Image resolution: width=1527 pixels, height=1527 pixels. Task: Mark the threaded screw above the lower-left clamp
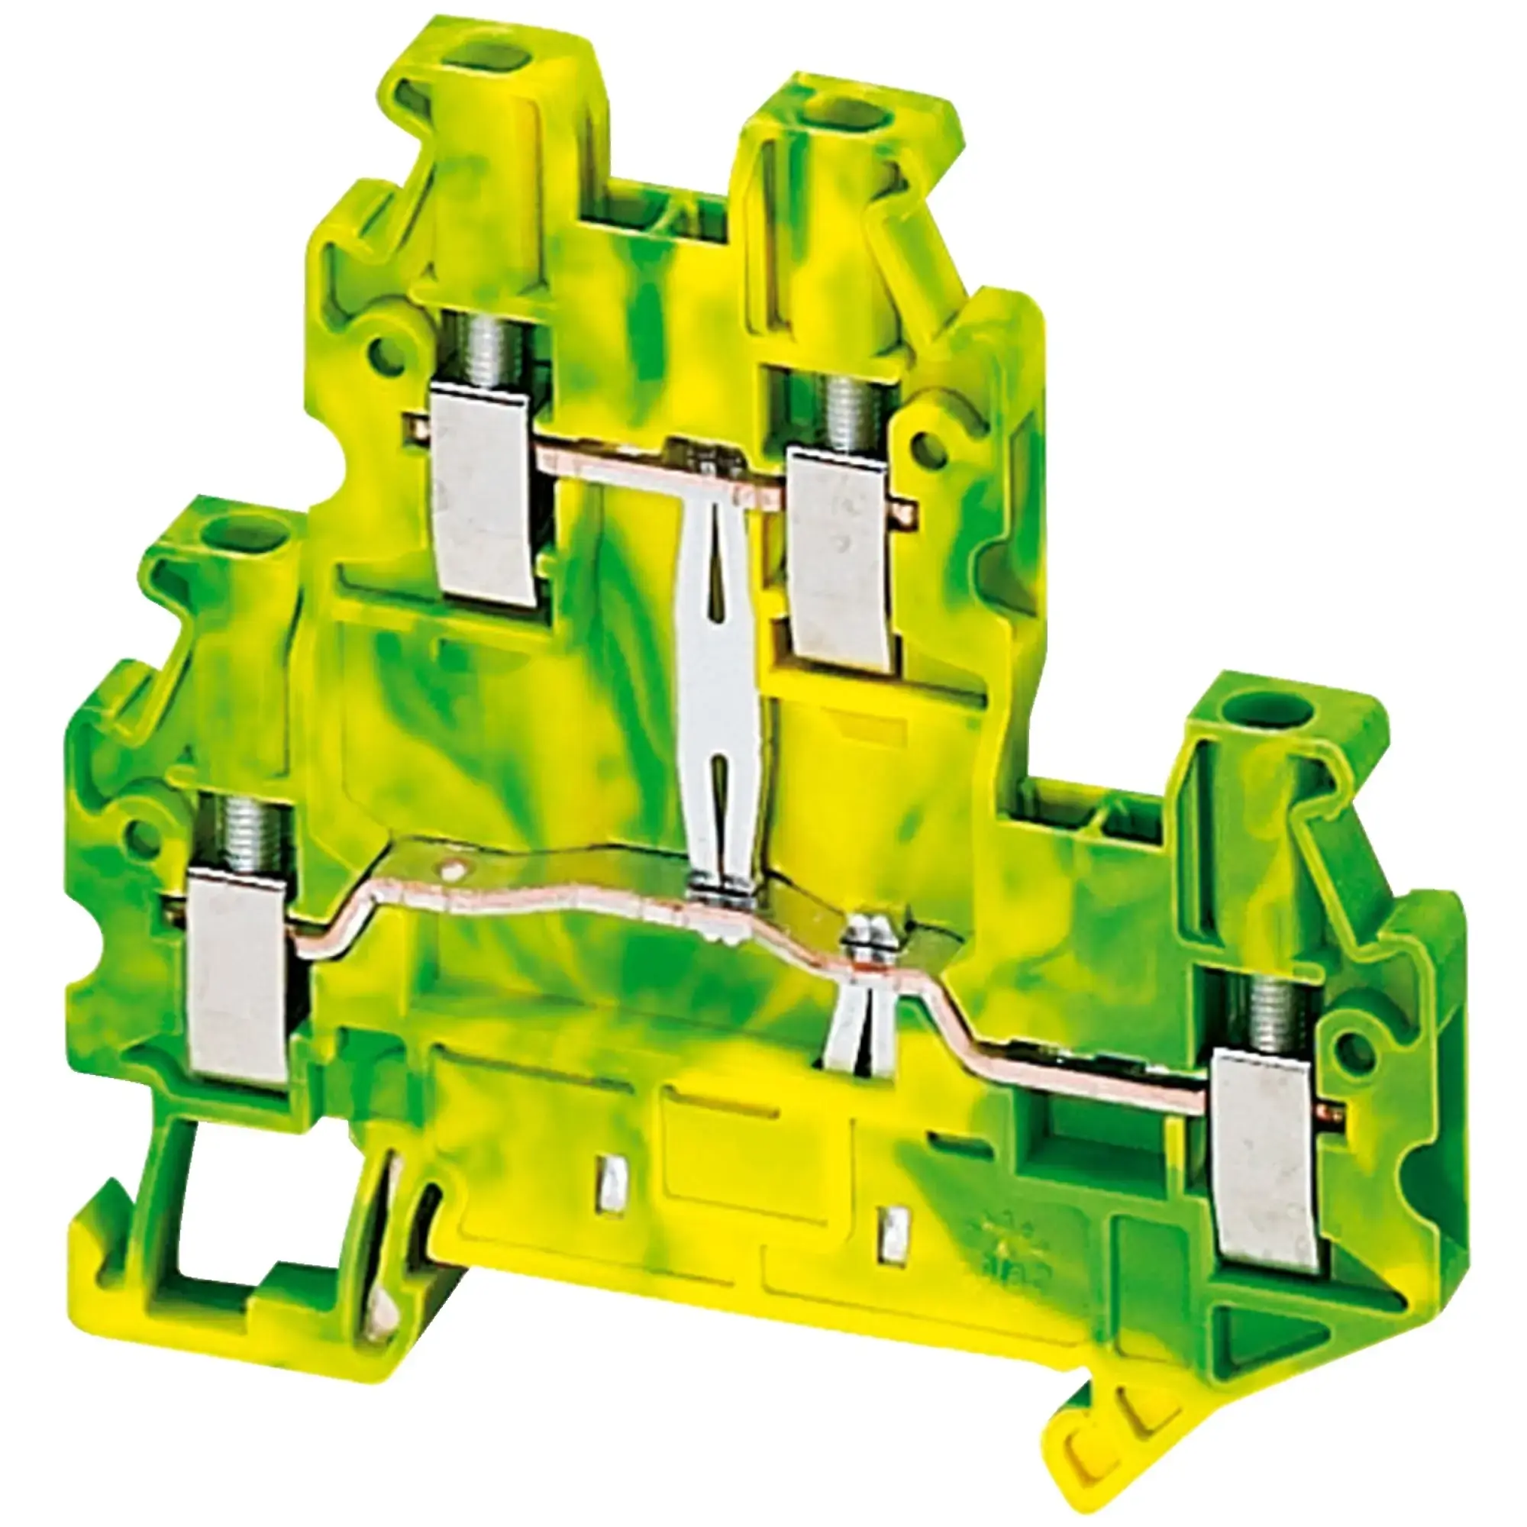tap(237, 833)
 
